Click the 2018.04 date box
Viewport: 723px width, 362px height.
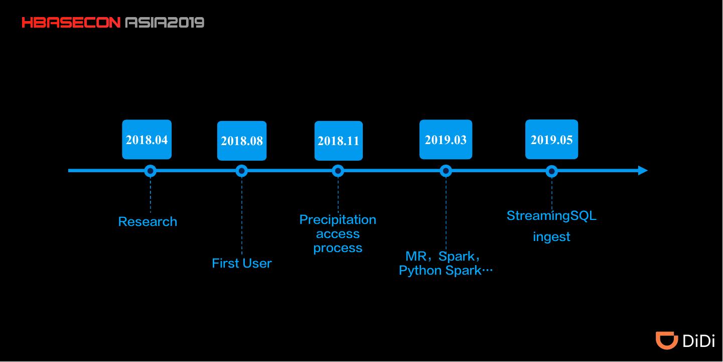[x=147, y=140]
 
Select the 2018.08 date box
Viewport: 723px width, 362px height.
[x=242, y=141]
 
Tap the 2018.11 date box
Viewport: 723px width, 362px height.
[x=339, y=141]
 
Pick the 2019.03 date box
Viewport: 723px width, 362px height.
[x=446, y=140]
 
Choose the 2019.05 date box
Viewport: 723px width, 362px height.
[x=551, y=140]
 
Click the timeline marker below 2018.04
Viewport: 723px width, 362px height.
[x=151, y=171]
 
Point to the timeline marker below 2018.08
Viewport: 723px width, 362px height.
[x=242, y=171]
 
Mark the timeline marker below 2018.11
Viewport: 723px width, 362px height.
[x=338, y=171]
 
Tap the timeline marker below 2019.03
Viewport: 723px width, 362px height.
[x=446, y=171]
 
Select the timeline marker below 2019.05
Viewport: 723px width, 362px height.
[x=551, y=171]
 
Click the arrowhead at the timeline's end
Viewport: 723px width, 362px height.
[x=643, y=171]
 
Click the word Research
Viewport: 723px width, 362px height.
[x=148, y=222]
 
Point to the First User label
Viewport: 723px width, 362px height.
[x=242, y=263]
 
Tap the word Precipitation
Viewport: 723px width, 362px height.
[x=338, y=220]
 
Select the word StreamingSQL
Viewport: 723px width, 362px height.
[x=551, y=216]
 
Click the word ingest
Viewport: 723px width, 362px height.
[x=551, y=237]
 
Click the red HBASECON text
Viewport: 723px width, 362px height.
[x=71, y=23]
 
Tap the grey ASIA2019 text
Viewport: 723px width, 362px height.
[x=165, y=23]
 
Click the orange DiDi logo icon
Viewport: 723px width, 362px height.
[x=667, y=340]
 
